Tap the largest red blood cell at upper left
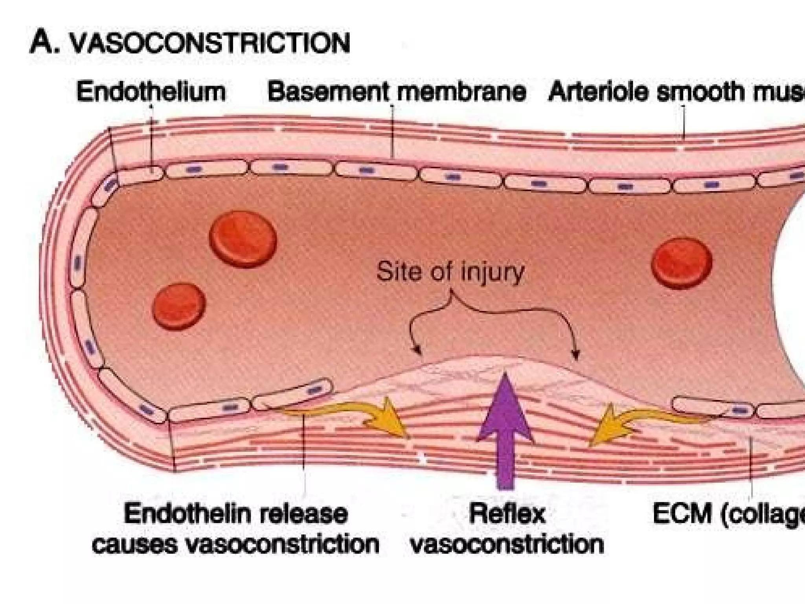(x=243, y=239)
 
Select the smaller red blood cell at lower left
(x=179, y=306)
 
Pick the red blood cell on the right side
(x=682, y=263)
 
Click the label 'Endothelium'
(x=151, y=92)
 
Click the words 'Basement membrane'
(x=396, y=92)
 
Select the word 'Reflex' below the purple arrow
(x=507, y=514)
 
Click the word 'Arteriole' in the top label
(x=597, y=92)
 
